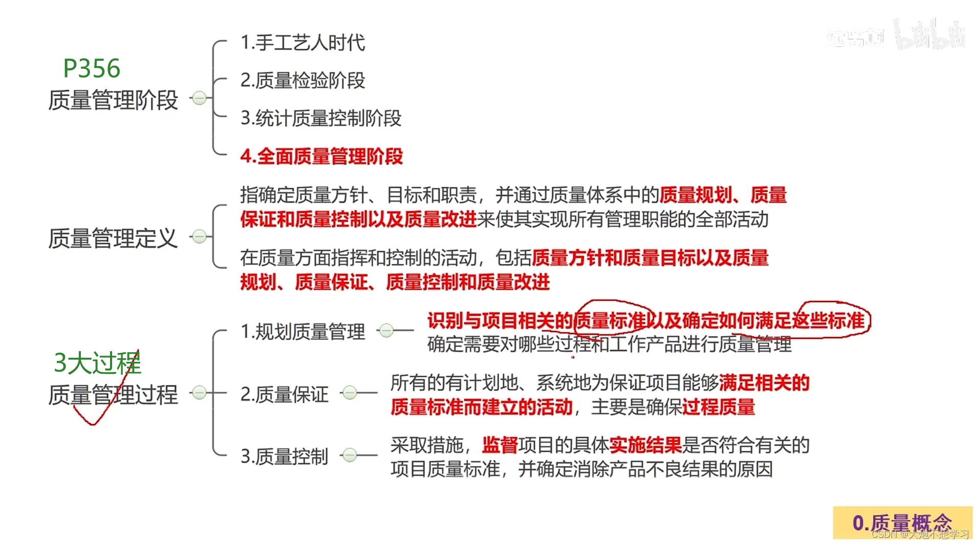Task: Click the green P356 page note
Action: coord(92,68)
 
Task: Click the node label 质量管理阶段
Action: coord(113,100)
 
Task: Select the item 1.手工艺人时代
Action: coord(302,42)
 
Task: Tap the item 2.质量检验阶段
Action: coord(302,80)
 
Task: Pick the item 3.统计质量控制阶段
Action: coord(321,118)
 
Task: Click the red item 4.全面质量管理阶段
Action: coord(321,156)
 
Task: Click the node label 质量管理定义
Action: coord(113,238)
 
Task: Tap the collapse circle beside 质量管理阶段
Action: coord(199,98)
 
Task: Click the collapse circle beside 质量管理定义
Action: coord(199,236)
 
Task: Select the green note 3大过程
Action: coord(97,363)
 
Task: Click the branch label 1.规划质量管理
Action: coord(302,332)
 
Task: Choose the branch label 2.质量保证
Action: coord(284,394)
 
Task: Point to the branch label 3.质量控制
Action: coord(284,456)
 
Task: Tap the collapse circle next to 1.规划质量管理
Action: coord(386,331)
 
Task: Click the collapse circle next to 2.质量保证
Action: coord(350,393)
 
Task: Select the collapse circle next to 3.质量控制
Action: coord(350,455)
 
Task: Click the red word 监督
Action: coord(500,445)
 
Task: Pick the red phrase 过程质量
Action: coord(718,407)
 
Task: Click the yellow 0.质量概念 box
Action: coord(902,523)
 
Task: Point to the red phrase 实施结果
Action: coord(645,445)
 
